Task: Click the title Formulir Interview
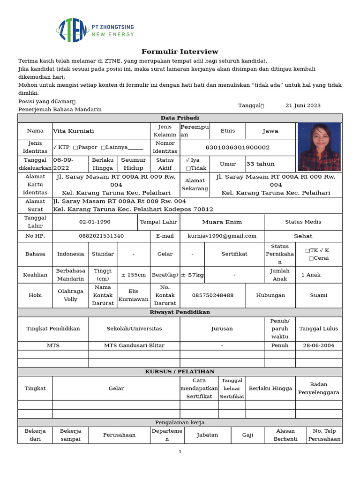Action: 180,52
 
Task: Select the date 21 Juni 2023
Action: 303,105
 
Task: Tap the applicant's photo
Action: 319,147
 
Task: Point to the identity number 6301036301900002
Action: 238,147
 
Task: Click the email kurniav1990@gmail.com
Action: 222,236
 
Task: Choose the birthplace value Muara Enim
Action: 222,222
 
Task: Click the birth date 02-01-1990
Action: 95,222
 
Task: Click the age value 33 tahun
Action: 261,164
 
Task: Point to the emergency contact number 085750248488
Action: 213,295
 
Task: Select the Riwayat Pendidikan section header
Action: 180,312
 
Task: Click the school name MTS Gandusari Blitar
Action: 134,345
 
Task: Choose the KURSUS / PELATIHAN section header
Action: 180,372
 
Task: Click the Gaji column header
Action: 247,435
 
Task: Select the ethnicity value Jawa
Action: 270,131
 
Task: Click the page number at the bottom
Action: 180,452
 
